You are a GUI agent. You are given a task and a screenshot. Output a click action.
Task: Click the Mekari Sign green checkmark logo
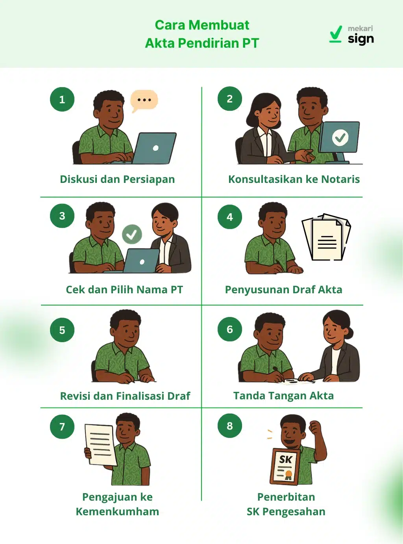(335, 34)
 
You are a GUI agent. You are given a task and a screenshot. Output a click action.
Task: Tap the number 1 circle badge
(62, 99)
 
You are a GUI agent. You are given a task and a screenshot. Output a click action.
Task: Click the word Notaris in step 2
(340, 179)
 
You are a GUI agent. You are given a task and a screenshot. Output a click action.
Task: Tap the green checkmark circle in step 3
(132, 235)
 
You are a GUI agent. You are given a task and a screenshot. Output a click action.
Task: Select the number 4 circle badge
(230, 217)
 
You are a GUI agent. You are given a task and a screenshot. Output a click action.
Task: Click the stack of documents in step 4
(326, 238)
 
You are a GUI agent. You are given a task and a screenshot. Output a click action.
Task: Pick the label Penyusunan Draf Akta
(283, 290)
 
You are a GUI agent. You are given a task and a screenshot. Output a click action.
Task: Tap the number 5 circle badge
(62, 330)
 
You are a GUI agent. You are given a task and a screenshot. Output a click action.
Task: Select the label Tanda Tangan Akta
(283, 396)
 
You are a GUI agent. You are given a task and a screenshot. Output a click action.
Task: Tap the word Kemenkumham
(117, 512)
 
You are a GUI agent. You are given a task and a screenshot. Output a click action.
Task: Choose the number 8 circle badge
(230, 426)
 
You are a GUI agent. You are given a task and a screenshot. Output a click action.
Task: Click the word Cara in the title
(170, 25)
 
